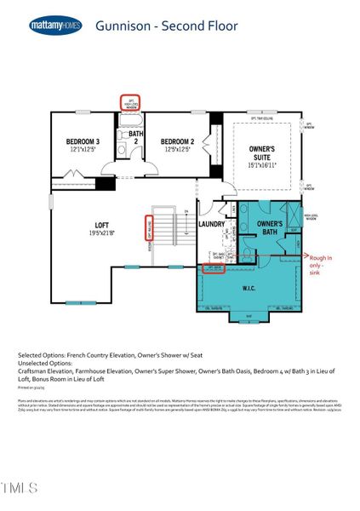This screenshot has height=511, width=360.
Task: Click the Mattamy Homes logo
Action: click(56, 25)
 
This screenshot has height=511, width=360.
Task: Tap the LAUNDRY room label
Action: click(212, 225)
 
